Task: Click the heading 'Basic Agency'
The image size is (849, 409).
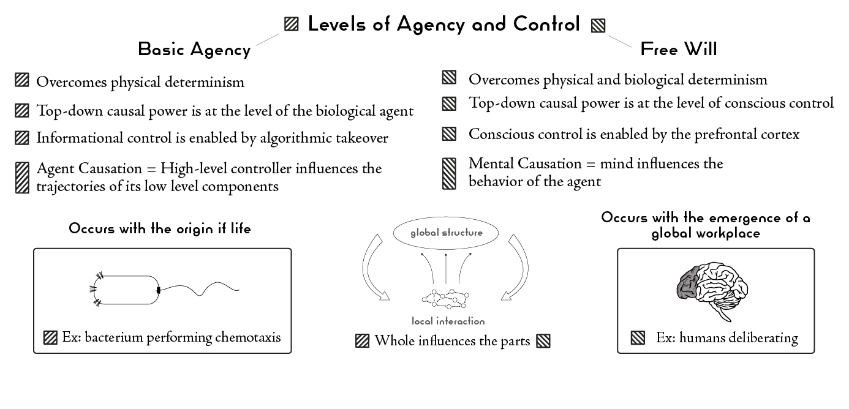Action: click(194, 50)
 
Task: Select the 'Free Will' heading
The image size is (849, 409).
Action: click(678, 50)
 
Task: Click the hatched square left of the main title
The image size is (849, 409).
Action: click(292, 24)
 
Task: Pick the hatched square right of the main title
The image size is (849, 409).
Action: click(598, 25)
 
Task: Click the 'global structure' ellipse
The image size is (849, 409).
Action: click(446, 233)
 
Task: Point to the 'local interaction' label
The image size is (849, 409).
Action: click(448, 321)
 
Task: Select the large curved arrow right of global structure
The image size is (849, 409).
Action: click(518, 270)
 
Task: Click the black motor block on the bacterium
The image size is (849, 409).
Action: click(158, 290)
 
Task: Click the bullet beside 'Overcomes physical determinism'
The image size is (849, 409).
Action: click(21, 81)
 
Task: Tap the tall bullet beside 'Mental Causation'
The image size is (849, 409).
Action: click(449, 173)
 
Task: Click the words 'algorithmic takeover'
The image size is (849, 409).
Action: click(322, 138)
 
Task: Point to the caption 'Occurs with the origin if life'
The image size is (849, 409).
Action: click(160, 228)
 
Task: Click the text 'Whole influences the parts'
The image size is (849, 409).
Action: click(452, 340)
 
